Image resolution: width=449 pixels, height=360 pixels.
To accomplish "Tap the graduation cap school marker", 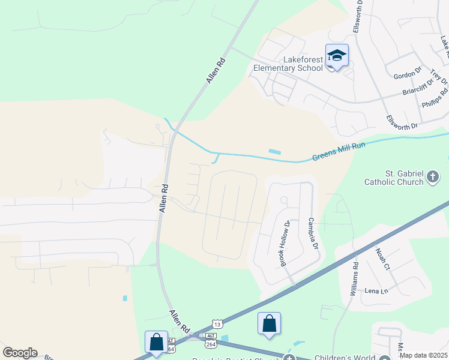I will (x=337, y=56).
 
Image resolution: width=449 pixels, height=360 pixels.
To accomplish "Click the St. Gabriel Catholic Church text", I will (x=393, y=177).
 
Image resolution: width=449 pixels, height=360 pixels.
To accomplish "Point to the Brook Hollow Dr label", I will (x=285, y=242).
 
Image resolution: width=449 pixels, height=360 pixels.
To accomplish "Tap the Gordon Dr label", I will (x=408, y=75).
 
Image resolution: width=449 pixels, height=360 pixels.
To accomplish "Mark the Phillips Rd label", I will (x=435, y=98).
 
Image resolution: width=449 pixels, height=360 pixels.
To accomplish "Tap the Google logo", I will (x=19, y=353).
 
